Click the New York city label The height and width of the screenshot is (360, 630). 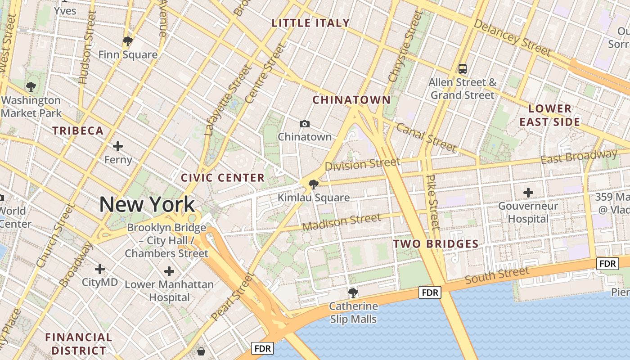tap(147, 204)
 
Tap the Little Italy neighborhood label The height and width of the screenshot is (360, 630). tap(310, 23)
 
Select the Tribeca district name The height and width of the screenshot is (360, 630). tap(78, 131)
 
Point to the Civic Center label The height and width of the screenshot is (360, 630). tap(223, 178)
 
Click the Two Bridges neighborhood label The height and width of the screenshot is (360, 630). tap(436, 244)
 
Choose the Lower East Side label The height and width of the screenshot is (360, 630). tap(549, 115)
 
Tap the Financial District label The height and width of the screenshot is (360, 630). tap(79, 344)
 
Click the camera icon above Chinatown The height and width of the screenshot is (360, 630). tap(305, 124)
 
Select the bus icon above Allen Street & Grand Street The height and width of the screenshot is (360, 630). tap(462, 69)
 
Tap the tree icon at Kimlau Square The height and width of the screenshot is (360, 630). tap(313, 184)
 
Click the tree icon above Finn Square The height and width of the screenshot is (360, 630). tap(128, 42)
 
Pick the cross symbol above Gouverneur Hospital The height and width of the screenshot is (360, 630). tap(528, 193)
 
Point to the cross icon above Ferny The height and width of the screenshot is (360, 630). tap(118, 146)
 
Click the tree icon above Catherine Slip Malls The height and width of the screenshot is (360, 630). tap(353, 293)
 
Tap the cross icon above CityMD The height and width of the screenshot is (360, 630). tap(100, 269)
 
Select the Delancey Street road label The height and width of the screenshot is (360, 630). tap(513, 38)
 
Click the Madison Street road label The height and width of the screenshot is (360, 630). tap(342, 222)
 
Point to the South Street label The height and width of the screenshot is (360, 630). tap(497, 275)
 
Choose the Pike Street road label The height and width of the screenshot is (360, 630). tap(432, 202)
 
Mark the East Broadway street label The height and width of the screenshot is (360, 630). tap(579, 157)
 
